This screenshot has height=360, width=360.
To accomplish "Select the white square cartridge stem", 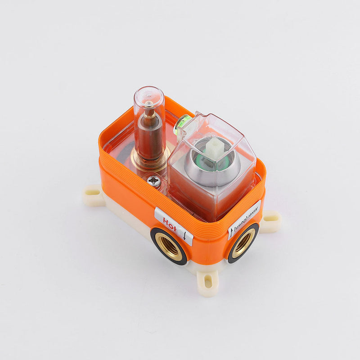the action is click(x=215, y=148).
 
